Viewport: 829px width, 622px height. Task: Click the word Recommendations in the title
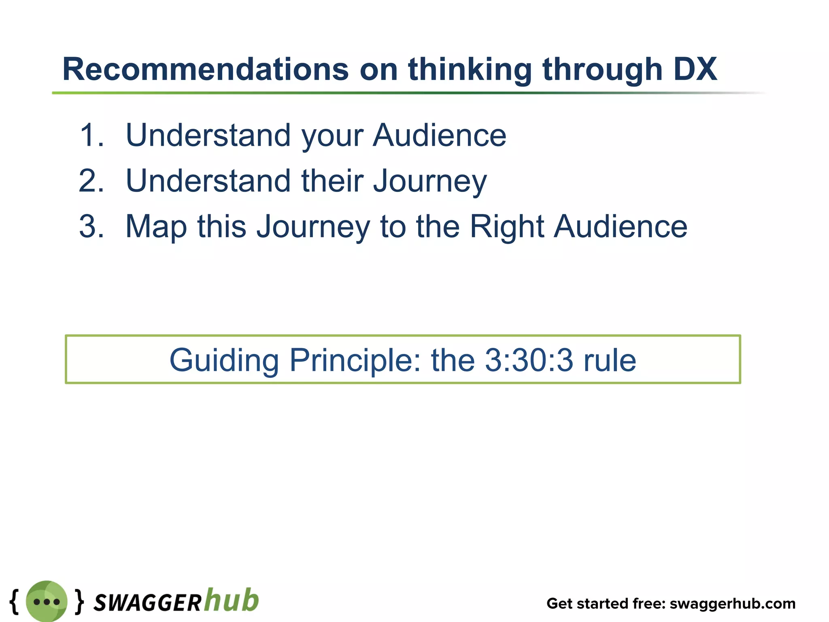pyautogui.click(x=205, y=70)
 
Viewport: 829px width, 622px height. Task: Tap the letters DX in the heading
pyautogui.click(x=695, y=70)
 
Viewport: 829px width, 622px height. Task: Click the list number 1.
pyautogui.click(x=91, y=135)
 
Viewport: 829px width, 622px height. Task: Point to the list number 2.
pyautogui.click(x=91, y=181)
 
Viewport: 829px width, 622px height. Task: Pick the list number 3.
pyautogui.click(x=91, y=226)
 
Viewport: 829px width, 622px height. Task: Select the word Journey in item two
pyautogui.click(x=430, y=181)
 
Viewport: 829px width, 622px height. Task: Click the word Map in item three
pyautogui.click(x=156, y=227)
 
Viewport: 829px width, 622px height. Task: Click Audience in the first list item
pyautogui.click(x=439, y=135)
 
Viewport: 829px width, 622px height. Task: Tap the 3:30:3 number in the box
pyautogui.click(x=529, y=360)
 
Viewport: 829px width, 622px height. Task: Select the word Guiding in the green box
pyautogui.click(x=224, y=360)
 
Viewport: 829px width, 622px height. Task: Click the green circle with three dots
pyautogui.click(x=47, y=601)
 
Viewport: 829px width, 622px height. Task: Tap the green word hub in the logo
pyautogui.click(x=231, y=600)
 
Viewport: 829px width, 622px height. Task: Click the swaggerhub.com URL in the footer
pyautogui.click(x=732, y=604)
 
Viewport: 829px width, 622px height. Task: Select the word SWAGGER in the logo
pyautogui.click(x=147, y=603)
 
